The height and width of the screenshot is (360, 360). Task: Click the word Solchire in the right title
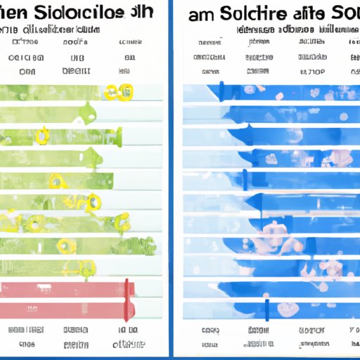(266, 14)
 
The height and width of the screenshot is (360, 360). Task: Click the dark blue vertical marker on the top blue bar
(221, 91)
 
